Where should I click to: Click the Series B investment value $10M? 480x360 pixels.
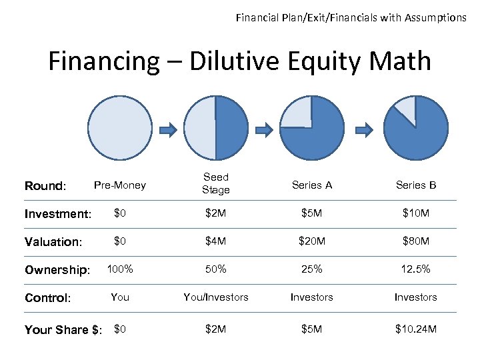(x=415, y=213)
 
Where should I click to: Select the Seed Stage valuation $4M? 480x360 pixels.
(x=215, y=241)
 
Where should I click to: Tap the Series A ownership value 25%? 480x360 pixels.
(x=311, y=269)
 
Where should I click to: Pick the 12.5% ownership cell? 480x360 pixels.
(x=415, y=269)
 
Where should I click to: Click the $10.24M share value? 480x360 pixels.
(x=415, y=329)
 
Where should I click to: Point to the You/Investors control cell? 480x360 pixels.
(x=215, y=297)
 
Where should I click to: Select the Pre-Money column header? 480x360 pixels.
(x=120, y=185)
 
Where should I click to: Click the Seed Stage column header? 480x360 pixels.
(x=215, y=183)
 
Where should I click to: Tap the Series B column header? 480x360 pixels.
(x=415, y=185)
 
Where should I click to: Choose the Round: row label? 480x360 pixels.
(x=45, y=186)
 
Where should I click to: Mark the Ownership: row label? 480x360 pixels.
(x=57, y=270)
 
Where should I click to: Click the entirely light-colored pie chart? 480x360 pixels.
(x=121, y=129)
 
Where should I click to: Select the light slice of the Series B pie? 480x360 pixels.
(x=406, y=109)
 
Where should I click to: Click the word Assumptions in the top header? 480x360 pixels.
(x=432, y=18)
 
